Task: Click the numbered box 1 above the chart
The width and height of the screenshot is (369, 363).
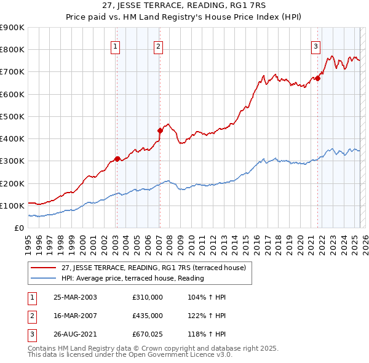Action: [116, 45]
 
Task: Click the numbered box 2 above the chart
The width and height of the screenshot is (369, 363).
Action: [158, 45]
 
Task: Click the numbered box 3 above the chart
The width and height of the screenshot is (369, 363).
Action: [315, 45]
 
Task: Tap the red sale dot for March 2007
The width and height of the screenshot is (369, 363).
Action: [160, 130]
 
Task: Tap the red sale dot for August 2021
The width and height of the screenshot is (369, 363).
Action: [319, 78]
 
